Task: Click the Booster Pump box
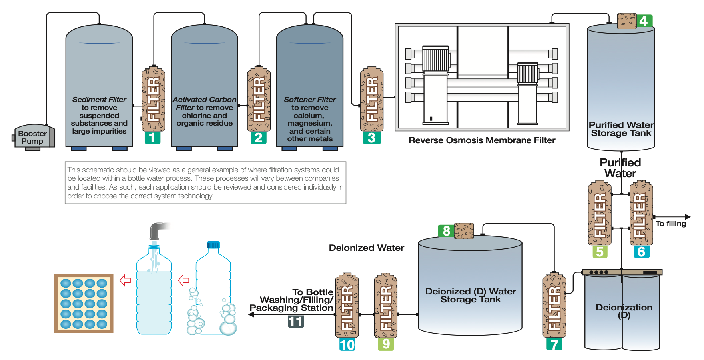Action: point(32,137)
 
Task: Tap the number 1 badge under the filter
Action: point(152,138)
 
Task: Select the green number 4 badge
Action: point(644,20)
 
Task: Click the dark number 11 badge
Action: point(296,322)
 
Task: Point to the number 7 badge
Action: point(554,344)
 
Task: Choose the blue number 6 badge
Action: point(641,252)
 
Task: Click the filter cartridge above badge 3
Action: point(372,99)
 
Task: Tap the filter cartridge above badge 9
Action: point(386,306)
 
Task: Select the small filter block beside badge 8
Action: point(464,231)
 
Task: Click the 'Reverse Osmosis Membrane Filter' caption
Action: point(482,140)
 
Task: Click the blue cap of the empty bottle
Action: point(213,244)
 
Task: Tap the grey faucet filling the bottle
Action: point(158,230)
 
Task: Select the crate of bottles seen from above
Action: point(84,304)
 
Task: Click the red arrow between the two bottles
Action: point(183,280)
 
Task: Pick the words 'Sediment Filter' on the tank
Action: point(99,99)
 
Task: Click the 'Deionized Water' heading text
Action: point(366,248)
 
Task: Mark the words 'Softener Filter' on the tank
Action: point(310,99)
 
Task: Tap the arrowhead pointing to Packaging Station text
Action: point(251,314)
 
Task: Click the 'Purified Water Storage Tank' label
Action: point(621,129)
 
